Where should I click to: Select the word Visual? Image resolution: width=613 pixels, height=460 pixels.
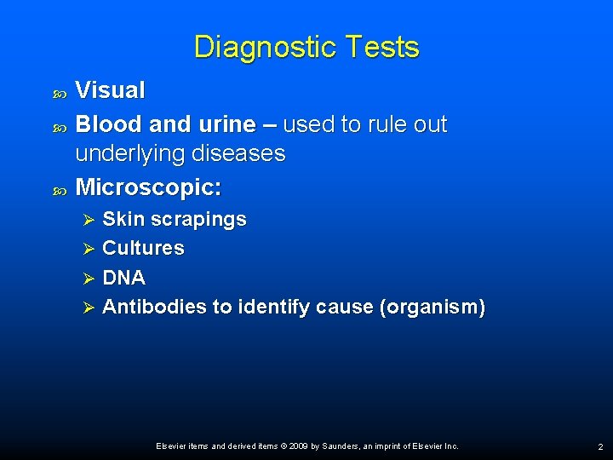(x=110, y=89)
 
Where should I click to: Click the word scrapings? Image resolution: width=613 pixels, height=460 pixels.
(x=192, y=220)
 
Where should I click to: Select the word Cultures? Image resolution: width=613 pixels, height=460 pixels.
(x=143, y=248)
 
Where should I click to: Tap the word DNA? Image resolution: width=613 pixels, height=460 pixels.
(x=123, y=278)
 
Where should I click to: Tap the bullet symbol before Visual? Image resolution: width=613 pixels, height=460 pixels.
(x=60, y=91)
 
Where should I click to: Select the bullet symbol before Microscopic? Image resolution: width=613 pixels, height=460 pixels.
(x=60, y=187)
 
